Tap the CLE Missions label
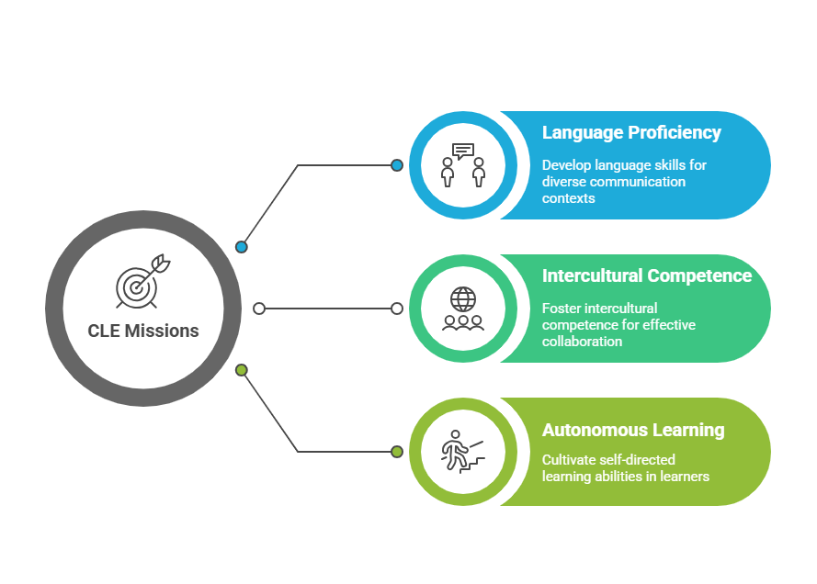click(x=143, y=331)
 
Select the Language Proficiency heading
click(x=631, y=133)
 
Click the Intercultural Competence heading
click(x=646, y=276)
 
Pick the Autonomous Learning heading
click(x=632, y=430)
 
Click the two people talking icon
click(x=462, y=165)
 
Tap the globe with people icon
click(x=463, y=309)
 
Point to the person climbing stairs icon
click(x=461, y=451)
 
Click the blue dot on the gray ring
click(x=242, y=246)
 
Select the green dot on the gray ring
click(x=242, y=370)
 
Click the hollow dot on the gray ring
click(x=259, y=309)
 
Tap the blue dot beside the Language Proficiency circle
click(x=397, y=165)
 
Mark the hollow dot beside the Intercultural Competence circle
click(x=397, y=309)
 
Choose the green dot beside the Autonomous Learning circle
click(x=397, y=452)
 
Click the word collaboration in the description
click(x=582, y=342)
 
